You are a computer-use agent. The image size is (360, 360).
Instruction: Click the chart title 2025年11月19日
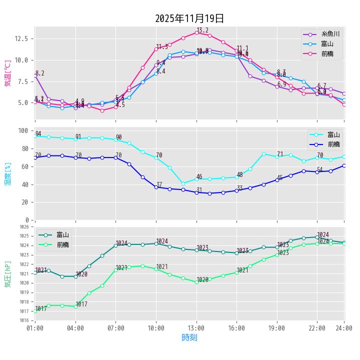(189, 18)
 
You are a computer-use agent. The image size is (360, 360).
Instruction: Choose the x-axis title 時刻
(189, 338)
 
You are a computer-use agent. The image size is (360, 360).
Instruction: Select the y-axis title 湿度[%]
(7, 173)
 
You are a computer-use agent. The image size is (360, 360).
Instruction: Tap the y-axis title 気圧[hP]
(7, 273)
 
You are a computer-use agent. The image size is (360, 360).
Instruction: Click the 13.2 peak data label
(202, 30)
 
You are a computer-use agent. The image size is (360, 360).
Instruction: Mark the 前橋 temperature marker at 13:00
(196, 32)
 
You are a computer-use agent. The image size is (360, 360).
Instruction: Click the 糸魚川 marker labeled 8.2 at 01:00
(35, 75)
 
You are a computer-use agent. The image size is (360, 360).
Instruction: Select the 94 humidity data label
(38, 134)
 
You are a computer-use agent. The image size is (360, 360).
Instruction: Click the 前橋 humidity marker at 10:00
(156, 187)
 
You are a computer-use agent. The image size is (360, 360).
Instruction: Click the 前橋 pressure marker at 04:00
(75, 306)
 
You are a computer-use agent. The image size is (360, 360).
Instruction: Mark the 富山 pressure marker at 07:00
(115, 245)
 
